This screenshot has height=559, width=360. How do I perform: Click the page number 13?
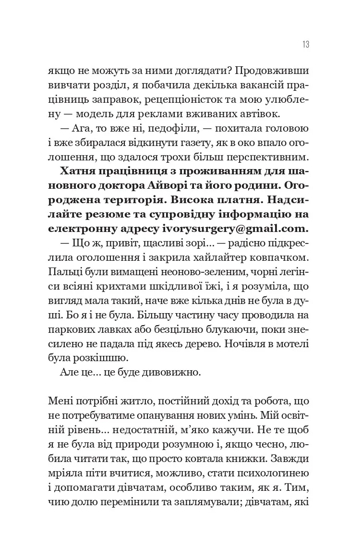pos(305,45)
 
